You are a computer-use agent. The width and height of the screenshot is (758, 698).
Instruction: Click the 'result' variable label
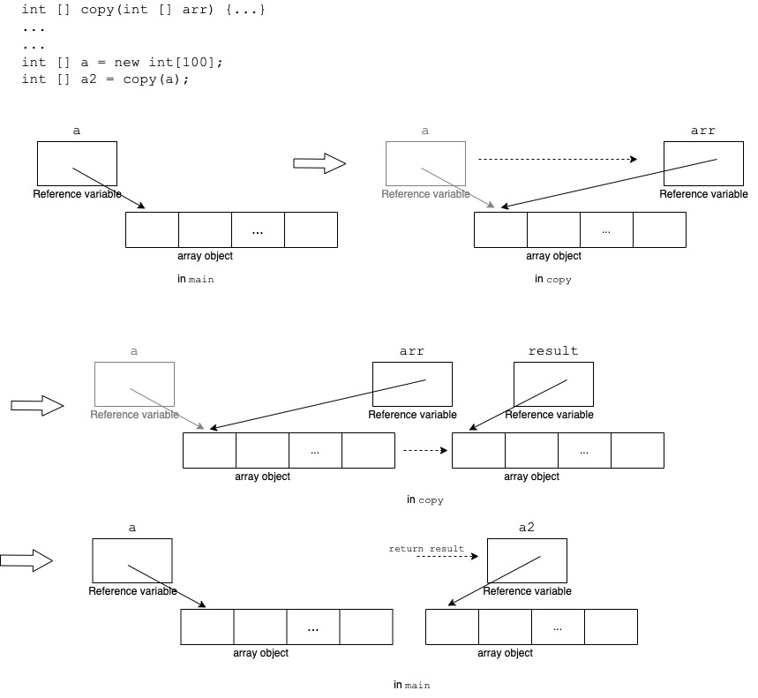point(553,351)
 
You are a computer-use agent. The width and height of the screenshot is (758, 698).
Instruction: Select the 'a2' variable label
point(527,528)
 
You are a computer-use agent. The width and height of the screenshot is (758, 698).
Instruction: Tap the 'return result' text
point(426,549)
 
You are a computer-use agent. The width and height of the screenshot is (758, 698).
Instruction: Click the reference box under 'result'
point(553,384)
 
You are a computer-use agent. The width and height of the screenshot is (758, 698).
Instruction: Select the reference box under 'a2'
point(527,560)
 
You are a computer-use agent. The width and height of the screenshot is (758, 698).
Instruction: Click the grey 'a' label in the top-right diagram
point(425,131)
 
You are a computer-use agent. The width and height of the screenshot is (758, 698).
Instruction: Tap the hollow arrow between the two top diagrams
point(319,163)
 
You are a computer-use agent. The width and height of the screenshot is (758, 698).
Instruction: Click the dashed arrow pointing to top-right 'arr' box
point(557,160)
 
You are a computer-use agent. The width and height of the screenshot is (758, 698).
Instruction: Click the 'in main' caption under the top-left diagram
point(196,279)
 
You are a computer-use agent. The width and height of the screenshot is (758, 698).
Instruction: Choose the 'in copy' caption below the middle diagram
point(424,499)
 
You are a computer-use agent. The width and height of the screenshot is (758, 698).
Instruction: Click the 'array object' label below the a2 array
point(505,653)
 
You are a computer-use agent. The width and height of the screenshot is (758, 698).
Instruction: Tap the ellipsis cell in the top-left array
point(258,229)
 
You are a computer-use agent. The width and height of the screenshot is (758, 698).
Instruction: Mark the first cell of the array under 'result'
point(478,450)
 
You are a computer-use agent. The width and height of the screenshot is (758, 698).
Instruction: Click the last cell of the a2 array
point(611,627)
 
